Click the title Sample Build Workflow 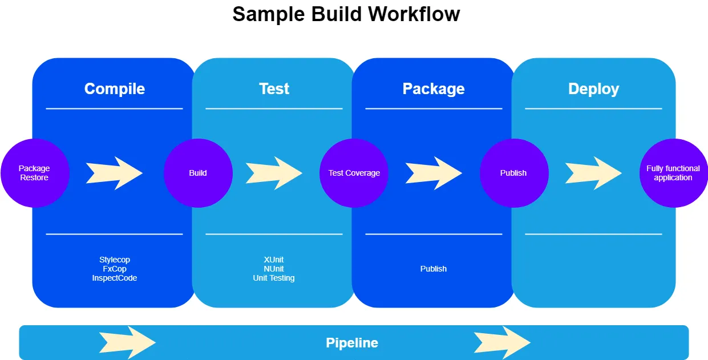coord(346,14)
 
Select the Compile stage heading coord(115,89)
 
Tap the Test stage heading coord(274,89)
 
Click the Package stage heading coord(434,89)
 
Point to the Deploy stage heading coord(593,89)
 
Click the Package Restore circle coord(34,173)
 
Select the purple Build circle coord(198,173)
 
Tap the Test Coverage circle coord(354,173)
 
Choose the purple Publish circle coord(513,173)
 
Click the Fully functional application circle coord(673,173)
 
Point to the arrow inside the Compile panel coord(114,173)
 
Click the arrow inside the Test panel coord(274,173)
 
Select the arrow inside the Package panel coord(434,173)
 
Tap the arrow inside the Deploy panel coord(593,173)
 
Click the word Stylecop coord(115,260)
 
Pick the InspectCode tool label coord(115,278)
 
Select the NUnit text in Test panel coord(274,269)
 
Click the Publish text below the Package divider coord(434,269)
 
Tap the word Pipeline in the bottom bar coord(352,343)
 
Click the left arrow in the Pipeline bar coord(127,342)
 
